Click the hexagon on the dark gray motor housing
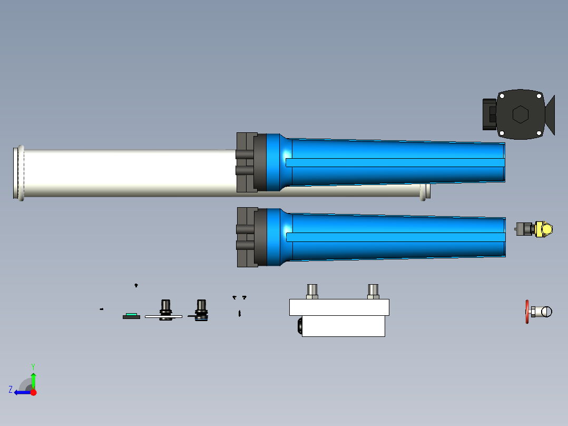(520, 114)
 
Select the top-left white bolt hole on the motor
(502, 96)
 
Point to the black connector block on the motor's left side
(488, 114)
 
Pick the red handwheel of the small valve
(527, 312)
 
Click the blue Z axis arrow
(21, 392)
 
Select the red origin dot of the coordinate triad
(33, 392)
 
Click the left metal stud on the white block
(312, 291)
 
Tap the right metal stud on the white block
(373, 291)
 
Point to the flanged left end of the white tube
(19, 173)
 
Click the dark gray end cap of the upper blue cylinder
(247, 162)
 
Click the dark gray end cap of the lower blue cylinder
(247, 237)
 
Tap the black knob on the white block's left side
(299, 325)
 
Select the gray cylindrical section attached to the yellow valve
(525, 229)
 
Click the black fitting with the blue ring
(201, 311)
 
